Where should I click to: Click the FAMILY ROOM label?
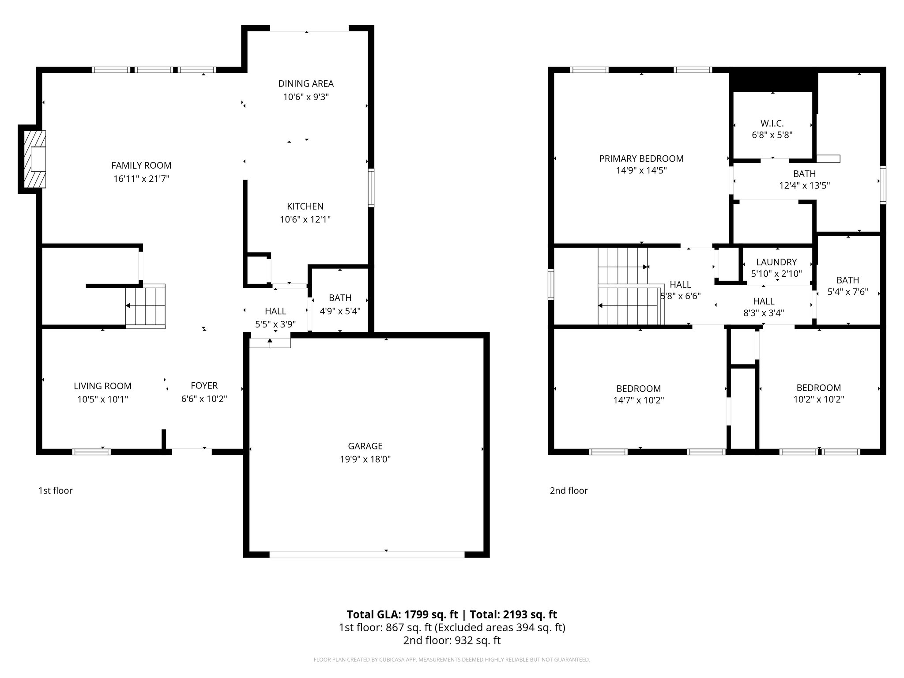(141, 166)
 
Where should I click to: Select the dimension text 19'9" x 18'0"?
(365, 460)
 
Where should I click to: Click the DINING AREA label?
(305, 83)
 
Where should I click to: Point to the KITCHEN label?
(305, 206)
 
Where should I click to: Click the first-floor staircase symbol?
(145, 306)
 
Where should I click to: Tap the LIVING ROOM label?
(102, 386)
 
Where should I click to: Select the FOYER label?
(204, 386)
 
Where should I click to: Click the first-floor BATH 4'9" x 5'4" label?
(340, 298)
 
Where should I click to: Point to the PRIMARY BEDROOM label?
(641, 158)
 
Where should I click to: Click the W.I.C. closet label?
(772, 124)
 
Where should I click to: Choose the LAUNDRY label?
(776, 262)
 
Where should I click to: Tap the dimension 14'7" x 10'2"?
(638, 400)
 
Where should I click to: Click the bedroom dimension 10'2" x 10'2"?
(818, 399)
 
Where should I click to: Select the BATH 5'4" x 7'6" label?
(847, 280)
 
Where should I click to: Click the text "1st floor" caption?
(55, 490)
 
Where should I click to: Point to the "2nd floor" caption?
(569, 490)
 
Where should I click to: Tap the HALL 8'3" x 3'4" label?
(764, 301)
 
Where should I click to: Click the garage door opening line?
(366, 555)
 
